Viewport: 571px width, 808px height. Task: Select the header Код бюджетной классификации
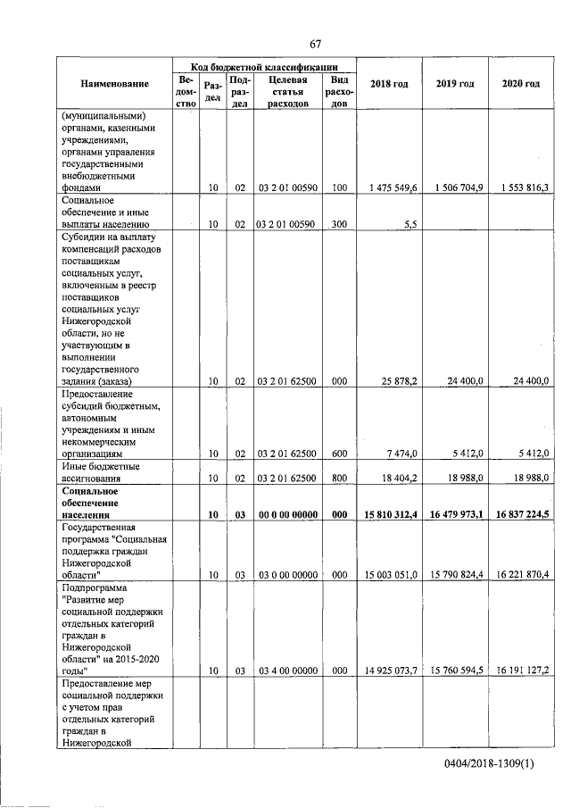pyautogui.click(x=264, y=65)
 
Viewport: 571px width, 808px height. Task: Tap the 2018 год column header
pyautogui.click(x=389, y=84)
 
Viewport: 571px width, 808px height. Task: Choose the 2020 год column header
pyautogui.click(x=520, y=84)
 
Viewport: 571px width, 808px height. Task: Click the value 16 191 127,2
pyautogui.click(x=519, y=670)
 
